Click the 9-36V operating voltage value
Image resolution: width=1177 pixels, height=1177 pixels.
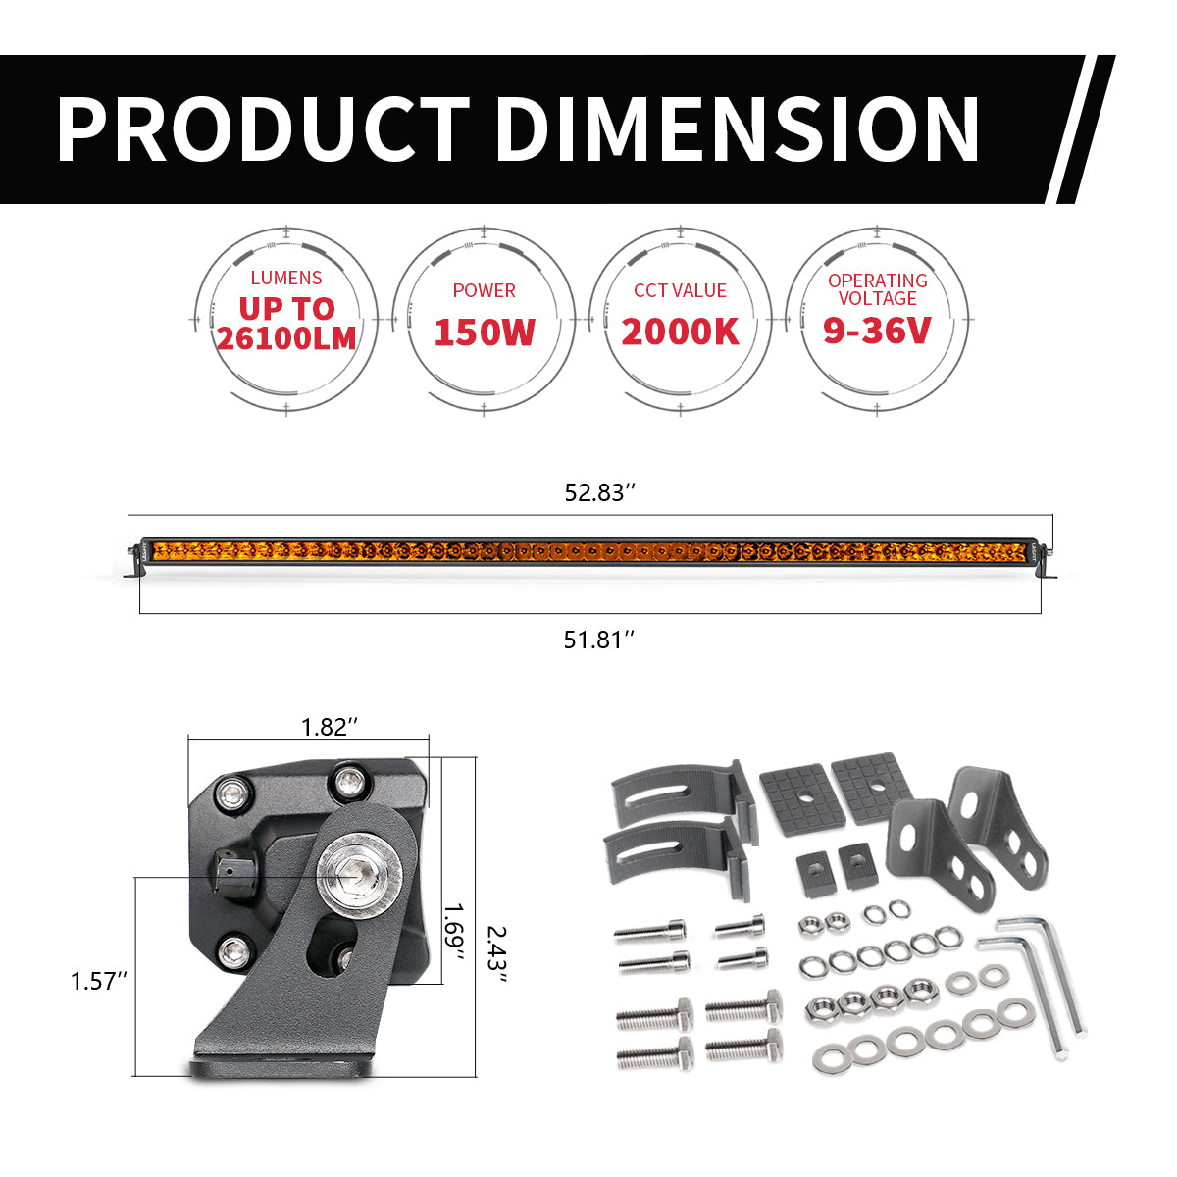(x=877, y=331)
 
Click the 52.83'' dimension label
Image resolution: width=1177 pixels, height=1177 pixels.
(x=594, y=492)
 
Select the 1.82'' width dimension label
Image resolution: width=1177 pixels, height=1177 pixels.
(x=329, y=727)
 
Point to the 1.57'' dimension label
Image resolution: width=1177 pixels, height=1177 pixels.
(x=99, y=981)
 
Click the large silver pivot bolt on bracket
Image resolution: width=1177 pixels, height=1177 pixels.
(x=352, y=870)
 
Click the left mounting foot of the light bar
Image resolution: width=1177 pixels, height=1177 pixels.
(x=132, y=570)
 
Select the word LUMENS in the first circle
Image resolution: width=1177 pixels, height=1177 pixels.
(x=285, y=279)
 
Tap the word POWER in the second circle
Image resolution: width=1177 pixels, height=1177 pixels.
(x=484, y=290)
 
